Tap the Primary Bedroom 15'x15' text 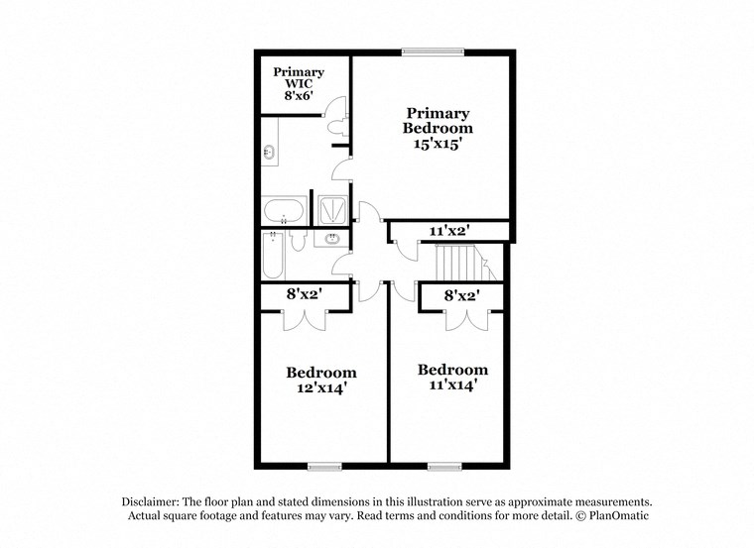[438, 128]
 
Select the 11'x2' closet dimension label [448, 231]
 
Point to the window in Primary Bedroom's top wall [433, 52]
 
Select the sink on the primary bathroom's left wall [268, 153]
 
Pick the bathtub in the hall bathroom [273, 256]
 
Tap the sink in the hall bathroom [331, 239]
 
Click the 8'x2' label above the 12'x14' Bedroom [304, 294]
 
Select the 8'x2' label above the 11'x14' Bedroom [462, 294]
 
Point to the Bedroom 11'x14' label [452, 378]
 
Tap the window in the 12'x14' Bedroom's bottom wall [323, 465]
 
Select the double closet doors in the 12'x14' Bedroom [304, 318]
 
